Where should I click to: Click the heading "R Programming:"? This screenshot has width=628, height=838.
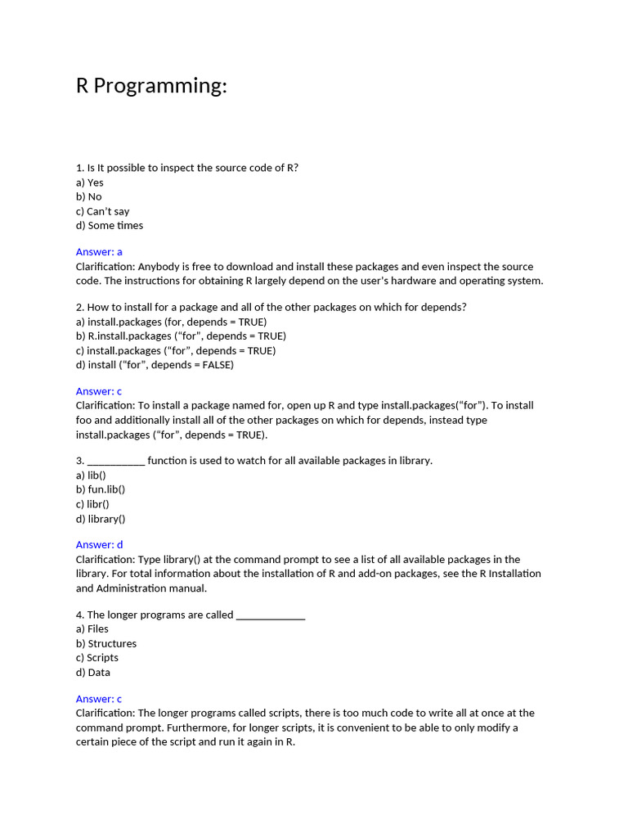click(151, 86)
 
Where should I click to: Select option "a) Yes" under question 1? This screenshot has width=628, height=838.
click(90, 182)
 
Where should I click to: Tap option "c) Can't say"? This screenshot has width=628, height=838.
click(102, 211)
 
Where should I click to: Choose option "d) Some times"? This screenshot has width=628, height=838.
click(110, 225)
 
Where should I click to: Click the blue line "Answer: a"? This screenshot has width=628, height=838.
click(99, 252)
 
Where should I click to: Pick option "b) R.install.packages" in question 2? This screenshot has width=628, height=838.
click(181, 336)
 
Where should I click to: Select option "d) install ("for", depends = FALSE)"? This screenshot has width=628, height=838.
click(155, 365)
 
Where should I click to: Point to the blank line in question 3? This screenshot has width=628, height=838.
click(115, 461)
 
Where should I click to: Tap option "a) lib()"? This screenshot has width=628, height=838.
click(91, 475)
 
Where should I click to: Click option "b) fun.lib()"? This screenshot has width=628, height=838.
click(101, 489)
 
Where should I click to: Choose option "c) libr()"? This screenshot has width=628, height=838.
click(92, 504)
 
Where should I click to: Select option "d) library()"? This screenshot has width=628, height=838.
click(101, 519)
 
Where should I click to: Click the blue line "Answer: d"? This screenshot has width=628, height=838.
click(99, 545)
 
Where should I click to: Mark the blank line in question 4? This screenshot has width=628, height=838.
click(270, 615)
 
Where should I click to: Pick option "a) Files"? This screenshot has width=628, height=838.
click(92, 629)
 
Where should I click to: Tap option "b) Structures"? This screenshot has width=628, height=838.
click(106, 643)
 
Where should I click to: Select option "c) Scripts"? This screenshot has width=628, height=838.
click(97, 658)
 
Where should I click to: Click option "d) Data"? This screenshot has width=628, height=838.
click(93, 673)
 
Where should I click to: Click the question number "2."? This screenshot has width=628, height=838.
click(80, 308)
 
